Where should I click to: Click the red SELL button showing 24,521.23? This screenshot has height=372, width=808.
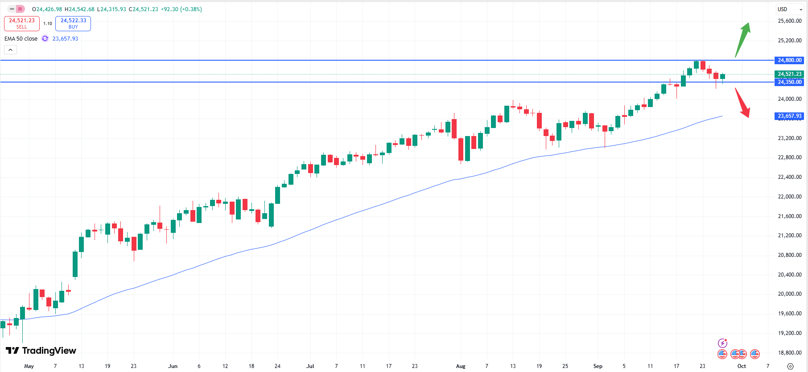pos(22,23)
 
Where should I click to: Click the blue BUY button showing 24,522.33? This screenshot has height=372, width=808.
pos(73,23)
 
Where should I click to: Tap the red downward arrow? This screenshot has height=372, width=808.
pos(742,103)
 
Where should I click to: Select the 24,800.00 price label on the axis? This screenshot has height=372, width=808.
pos(789,60)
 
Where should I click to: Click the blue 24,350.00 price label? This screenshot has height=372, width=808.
pos(789,82)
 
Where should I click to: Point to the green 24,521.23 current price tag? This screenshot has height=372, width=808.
pos(789,74)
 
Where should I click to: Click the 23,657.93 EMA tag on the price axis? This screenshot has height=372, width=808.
pos(789,116)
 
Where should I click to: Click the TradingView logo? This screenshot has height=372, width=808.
pos(41,351)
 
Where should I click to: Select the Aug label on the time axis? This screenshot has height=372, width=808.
pos(461,366)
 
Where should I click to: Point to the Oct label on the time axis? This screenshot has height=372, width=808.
pos(742,366)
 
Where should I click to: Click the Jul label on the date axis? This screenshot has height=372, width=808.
pos(310,366)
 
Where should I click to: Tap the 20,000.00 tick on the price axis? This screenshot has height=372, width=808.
pos(789,294)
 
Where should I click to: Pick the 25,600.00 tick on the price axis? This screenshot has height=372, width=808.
pos(789,21)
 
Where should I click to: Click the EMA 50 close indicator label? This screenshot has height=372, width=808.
pos(21,39)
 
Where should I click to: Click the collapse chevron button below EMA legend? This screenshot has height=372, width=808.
pos(10,50)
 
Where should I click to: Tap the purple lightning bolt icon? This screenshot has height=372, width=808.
pos(722,343)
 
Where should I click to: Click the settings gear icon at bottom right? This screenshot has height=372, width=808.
pos(790,366)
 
